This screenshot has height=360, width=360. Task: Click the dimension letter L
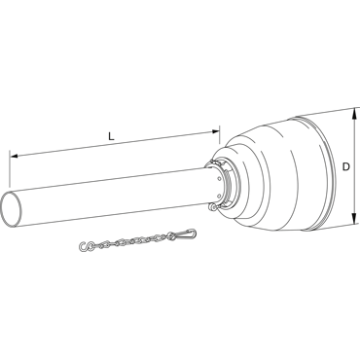111,136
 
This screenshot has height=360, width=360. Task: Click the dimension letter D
346,167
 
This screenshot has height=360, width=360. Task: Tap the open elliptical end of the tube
12,209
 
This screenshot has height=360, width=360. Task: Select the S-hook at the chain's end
85,247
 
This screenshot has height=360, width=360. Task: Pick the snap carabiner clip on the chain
186,234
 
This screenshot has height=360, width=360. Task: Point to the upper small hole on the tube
220,179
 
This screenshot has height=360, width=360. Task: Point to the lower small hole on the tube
219,196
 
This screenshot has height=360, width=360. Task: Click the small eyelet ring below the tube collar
213,206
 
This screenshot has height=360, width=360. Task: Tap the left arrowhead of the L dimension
14,157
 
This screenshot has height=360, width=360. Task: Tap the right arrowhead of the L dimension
216,131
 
